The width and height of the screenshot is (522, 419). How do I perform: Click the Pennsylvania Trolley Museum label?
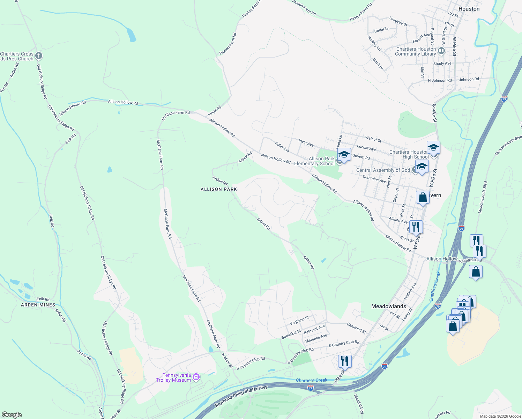(173, 377)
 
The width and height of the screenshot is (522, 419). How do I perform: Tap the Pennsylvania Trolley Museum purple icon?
(196, 377)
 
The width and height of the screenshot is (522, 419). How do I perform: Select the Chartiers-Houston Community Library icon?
(441, 51)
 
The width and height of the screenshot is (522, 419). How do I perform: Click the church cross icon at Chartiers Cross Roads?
(39, 56)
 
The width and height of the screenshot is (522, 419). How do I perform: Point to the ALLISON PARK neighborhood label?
(219, 189)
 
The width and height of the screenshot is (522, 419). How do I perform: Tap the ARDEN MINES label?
(38, 305)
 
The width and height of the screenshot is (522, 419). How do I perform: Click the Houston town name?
(469, 9)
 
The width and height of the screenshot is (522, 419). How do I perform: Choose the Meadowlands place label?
(389, 306)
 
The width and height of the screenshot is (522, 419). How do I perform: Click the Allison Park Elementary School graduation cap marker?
(344, 154)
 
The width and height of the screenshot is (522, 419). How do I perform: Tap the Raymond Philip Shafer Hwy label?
(241, 396)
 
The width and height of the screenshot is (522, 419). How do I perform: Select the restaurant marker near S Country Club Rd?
(344, 361)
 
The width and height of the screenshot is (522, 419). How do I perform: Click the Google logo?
(12, 415)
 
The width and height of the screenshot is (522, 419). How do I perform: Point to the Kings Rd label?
(215, 111)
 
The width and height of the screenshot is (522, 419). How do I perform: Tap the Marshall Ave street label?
(316, 338)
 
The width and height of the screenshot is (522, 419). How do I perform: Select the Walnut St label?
(373, 139)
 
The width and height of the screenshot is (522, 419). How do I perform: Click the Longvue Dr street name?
(398, 22)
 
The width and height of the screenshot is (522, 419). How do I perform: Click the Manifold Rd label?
(359, 404)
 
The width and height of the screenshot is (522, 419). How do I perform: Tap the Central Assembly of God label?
(383, 170)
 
